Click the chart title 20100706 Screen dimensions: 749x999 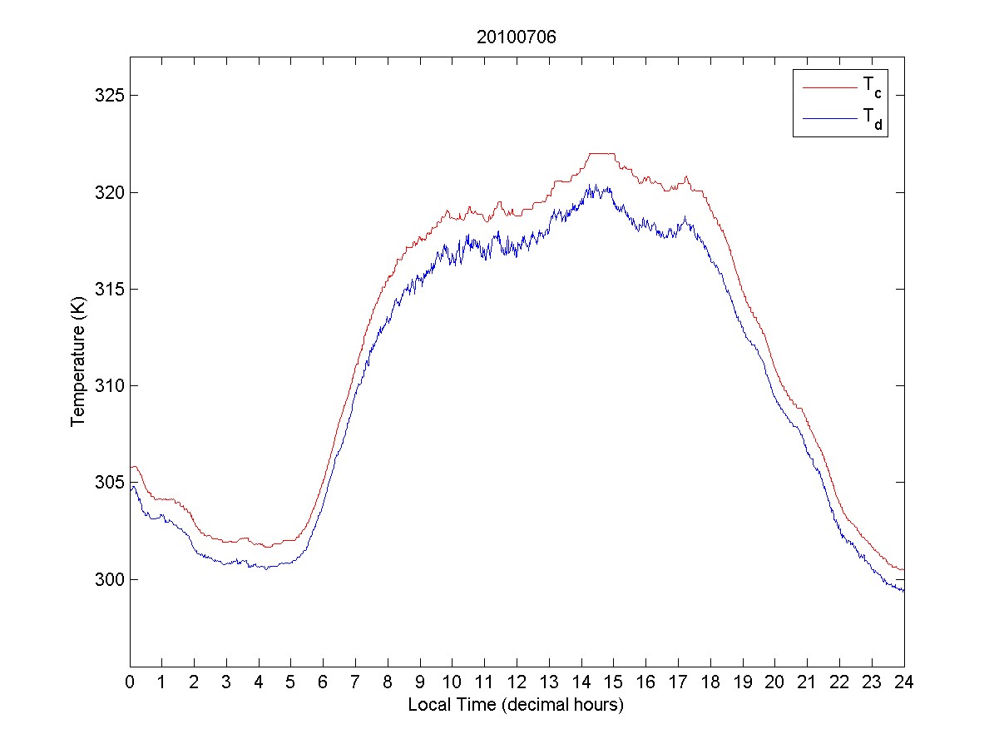517,37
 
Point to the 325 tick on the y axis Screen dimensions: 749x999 108,96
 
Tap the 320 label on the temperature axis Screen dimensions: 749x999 108,192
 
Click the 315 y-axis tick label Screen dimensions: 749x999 108,289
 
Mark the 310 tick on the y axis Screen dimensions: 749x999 108,385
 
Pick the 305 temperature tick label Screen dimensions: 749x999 108,483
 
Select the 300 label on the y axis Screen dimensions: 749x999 108,579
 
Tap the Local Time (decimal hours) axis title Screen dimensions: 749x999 516,705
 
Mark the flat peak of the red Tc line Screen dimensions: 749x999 601,154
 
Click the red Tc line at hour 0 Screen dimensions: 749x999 131,468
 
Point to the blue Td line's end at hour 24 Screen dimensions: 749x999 903,590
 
